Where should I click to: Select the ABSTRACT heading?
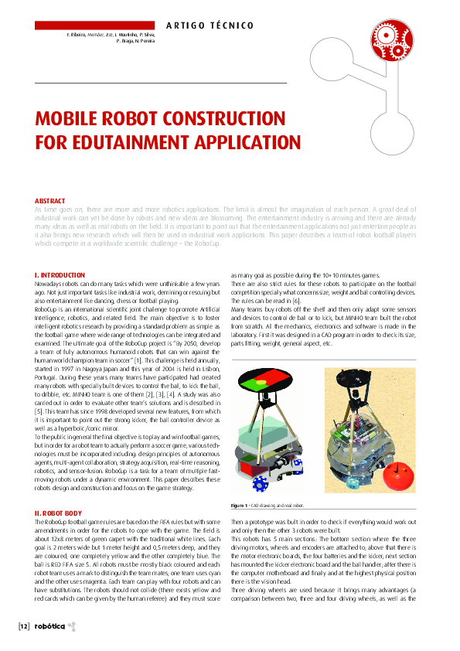tap(52, 201)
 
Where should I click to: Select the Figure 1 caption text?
tap(267, 506)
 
